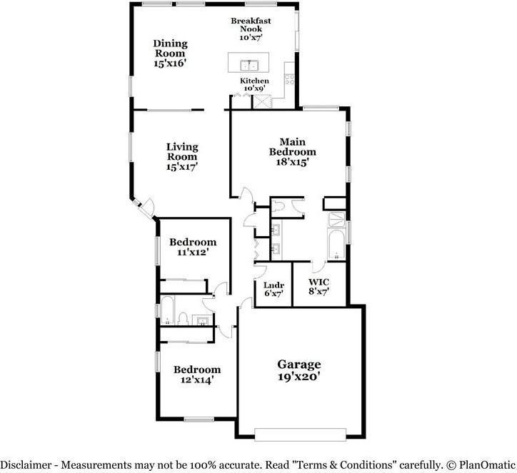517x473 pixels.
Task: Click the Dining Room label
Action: [x=170, y=54]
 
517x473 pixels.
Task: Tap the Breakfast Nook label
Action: [x=250, y=29]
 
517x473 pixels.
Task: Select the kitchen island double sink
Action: [x=244, y=63]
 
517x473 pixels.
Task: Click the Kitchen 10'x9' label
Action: [x=254, y=85]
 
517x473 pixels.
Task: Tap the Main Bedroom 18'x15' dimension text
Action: [x=292, y=162]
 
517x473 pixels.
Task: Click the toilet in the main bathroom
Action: [x=278, y=206]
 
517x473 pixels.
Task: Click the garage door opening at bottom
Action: [x=299, y=434]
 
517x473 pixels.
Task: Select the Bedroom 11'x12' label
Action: [x=193, y=247]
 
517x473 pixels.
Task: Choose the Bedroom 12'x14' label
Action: [x=197, y=375]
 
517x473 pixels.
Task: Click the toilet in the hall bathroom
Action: [x=183, y=318]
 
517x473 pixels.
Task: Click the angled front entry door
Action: [x=146, y=209]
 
